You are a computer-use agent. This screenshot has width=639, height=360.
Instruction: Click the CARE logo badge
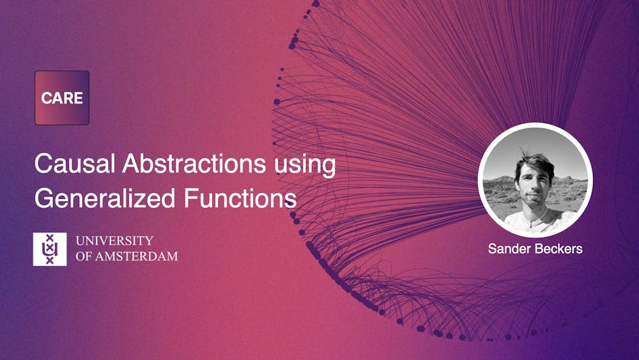click(x=62, y=98)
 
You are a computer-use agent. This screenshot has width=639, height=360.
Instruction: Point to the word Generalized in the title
click(x=105, y=199)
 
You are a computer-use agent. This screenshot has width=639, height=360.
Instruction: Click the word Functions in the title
click(x=240, y=198)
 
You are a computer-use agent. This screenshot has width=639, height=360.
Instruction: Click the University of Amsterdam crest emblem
click(x=50, y=249)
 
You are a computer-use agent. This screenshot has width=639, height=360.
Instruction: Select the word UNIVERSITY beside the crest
click(x=114, y=241)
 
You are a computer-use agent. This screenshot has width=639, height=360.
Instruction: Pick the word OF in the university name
click(x=84, y=256)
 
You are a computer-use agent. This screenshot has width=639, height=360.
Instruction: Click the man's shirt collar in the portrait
click(x=534, y=217)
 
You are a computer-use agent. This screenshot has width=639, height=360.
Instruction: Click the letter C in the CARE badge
click(x=46, y=98)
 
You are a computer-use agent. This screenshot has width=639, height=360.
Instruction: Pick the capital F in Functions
click(x=191, y=199)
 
